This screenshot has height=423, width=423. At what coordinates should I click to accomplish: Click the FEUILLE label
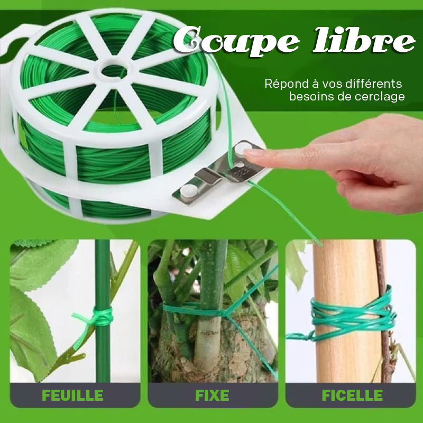[x=72, y=395]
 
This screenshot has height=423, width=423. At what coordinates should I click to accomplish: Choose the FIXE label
[x=212, y=395]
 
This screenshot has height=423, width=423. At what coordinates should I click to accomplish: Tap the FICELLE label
[x=352, y=395]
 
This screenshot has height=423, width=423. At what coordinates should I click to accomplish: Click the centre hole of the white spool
[x=114, y=71]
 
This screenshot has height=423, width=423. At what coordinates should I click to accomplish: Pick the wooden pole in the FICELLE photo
[x=347, y=310]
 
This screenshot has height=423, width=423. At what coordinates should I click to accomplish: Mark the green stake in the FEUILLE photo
[x=103, y=310]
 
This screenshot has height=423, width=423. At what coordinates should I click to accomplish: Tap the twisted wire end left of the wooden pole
[x=300, y=336]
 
